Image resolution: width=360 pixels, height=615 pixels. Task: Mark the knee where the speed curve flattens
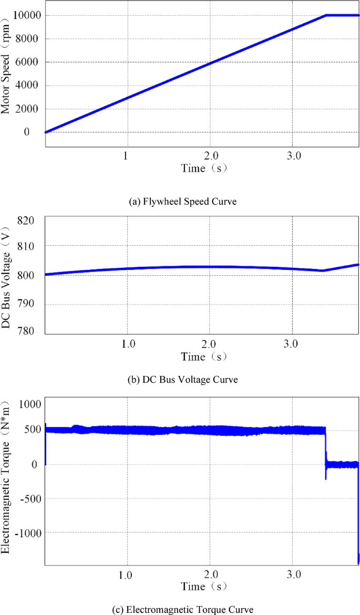click(326, 15)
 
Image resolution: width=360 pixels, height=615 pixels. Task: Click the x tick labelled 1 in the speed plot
click(125, 156)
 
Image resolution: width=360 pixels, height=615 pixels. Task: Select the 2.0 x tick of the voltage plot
click(210, 345)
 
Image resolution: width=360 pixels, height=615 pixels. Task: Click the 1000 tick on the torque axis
click(29, 404)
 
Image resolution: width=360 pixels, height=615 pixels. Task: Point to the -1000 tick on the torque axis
click(28, 532)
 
